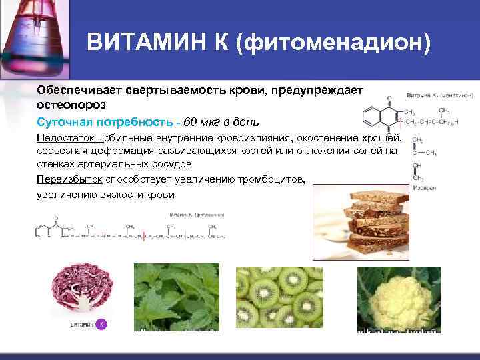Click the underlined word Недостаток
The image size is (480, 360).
(66, 138)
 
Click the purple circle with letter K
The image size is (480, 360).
(101, 325)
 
